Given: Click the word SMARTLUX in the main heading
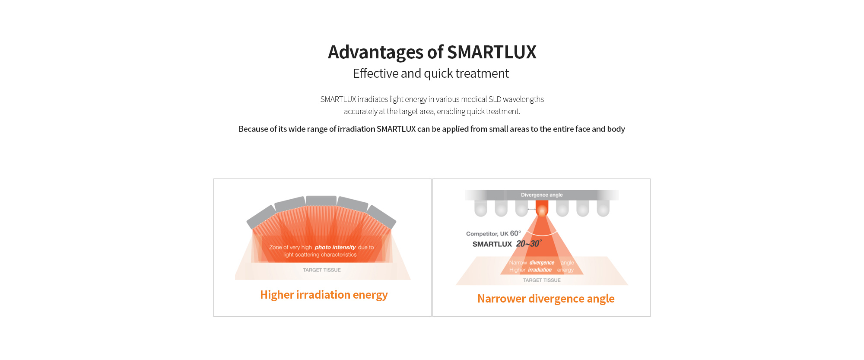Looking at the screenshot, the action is [x=492, y=52].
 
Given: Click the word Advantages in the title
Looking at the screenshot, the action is [x=375, y=52].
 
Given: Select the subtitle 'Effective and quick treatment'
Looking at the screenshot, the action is [x=431, y=73].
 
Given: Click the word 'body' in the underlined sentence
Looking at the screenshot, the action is [x=616, y=129].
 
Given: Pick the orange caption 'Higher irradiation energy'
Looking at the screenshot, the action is [x=324, y=295].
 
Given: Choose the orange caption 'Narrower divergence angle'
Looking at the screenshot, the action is [x=546, y=299].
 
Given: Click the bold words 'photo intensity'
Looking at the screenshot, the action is [x=335, y=247].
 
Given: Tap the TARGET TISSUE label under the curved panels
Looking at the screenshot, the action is [x=322, y=270].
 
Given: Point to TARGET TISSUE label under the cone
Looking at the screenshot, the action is [x=542, y=280].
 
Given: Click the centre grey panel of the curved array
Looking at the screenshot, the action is [x=321, y=201].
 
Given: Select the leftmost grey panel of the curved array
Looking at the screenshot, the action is [x=262, y=217].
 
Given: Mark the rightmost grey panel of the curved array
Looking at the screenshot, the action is [x=381, y=217].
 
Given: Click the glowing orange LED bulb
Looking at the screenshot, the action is [x=542, y=209].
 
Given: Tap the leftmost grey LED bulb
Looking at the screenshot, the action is [x=481, y=208].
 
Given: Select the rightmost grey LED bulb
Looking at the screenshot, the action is [x=603, y=208].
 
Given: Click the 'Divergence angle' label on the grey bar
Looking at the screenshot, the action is [x=542, y=195].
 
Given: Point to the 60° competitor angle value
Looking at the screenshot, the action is [x=516, y=233].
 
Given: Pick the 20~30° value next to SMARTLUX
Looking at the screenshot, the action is [x=529, y=244].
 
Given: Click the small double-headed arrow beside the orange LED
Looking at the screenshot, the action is [x=532, y=209].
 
